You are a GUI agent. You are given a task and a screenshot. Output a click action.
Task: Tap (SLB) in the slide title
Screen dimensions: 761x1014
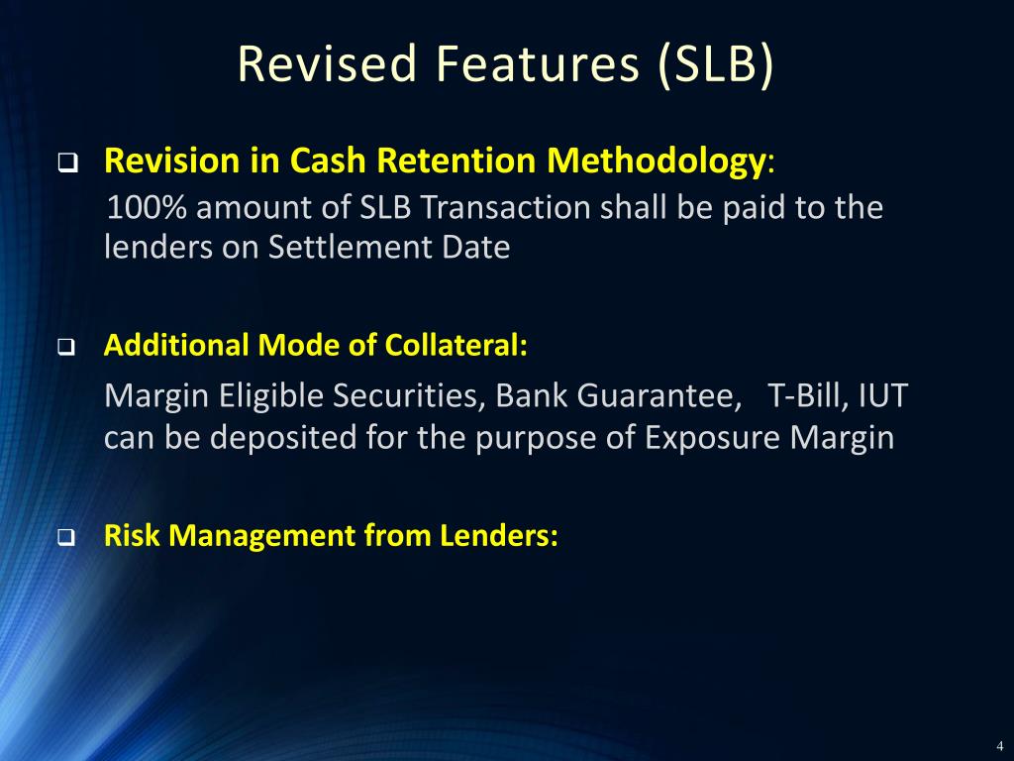coord(714,64)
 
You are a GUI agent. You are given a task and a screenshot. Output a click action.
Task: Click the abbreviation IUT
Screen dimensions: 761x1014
coord(882,397)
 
